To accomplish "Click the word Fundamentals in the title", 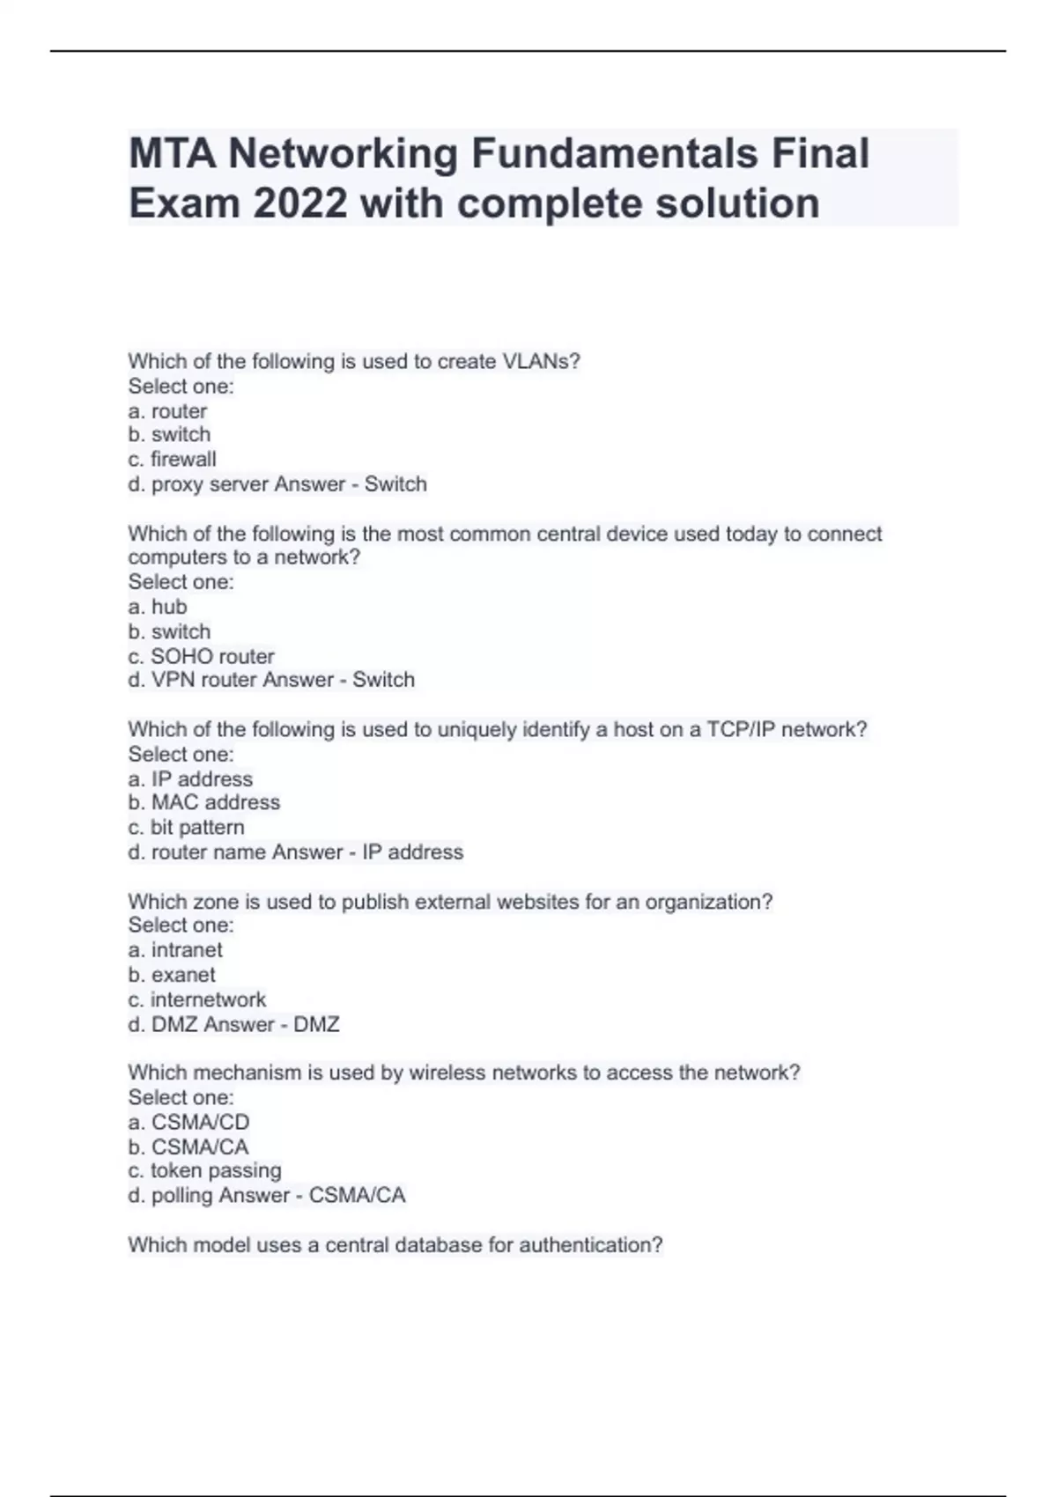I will pos(614,154).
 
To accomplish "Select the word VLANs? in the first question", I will pos(541,362).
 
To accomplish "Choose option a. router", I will pos(167,411).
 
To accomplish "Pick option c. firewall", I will pos(172,460).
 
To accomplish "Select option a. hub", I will pos(158,607).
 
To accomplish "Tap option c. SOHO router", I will pos(201,656).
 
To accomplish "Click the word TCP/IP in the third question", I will pos(741,729).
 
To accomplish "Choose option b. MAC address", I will pos(203,802).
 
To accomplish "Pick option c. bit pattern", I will pos(186,828).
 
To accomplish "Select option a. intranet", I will pos(175,950).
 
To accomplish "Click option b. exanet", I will pos(172,975).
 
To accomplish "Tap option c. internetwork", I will pos(196,999).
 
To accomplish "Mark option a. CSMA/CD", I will pos(188,1122).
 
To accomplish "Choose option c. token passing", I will pos(204,1171).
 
